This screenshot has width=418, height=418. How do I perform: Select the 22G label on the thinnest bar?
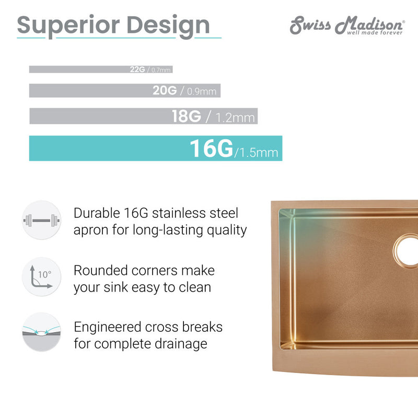(138, 69)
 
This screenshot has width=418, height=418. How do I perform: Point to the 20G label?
(165, 91)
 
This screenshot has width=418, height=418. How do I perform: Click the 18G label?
(187, 116)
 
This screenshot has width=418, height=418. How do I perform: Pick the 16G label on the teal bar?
(211, 148)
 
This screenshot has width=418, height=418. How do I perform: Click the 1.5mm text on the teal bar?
(257, 153)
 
